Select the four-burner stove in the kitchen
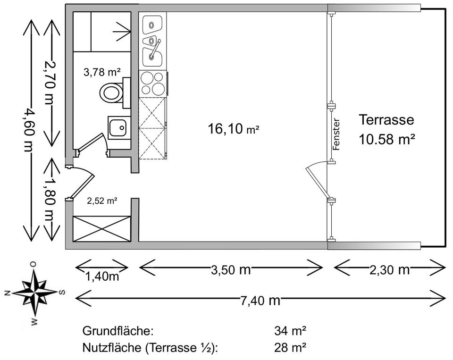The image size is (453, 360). [x=152, y=83]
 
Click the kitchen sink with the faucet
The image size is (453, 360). [x=152, y=50]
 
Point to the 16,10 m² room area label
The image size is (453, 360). [x=234, y=128]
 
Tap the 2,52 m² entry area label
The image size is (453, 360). [x=102, y=201]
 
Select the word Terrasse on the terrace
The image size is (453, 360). [x=386, y=119]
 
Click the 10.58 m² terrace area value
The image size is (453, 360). [x=386, y=139]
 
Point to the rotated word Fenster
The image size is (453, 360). [x=336, y=134]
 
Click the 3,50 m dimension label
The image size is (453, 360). [x=231, y=270]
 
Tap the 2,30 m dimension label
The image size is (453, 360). [x=390, y=270]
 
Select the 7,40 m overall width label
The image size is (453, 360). [x=260, y=300]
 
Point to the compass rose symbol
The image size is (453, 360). [x=35, y=293]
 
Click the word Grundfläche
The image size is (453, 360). [x=117, y=330]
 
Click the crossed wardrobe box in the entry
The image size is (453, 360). [x=101, y=228]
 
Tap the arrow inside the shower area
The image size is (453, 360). [x=121, y=32]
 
